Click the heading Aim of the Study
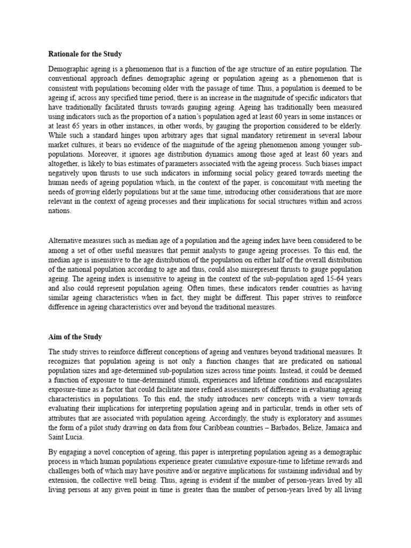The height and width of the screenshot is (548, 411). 75,337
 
